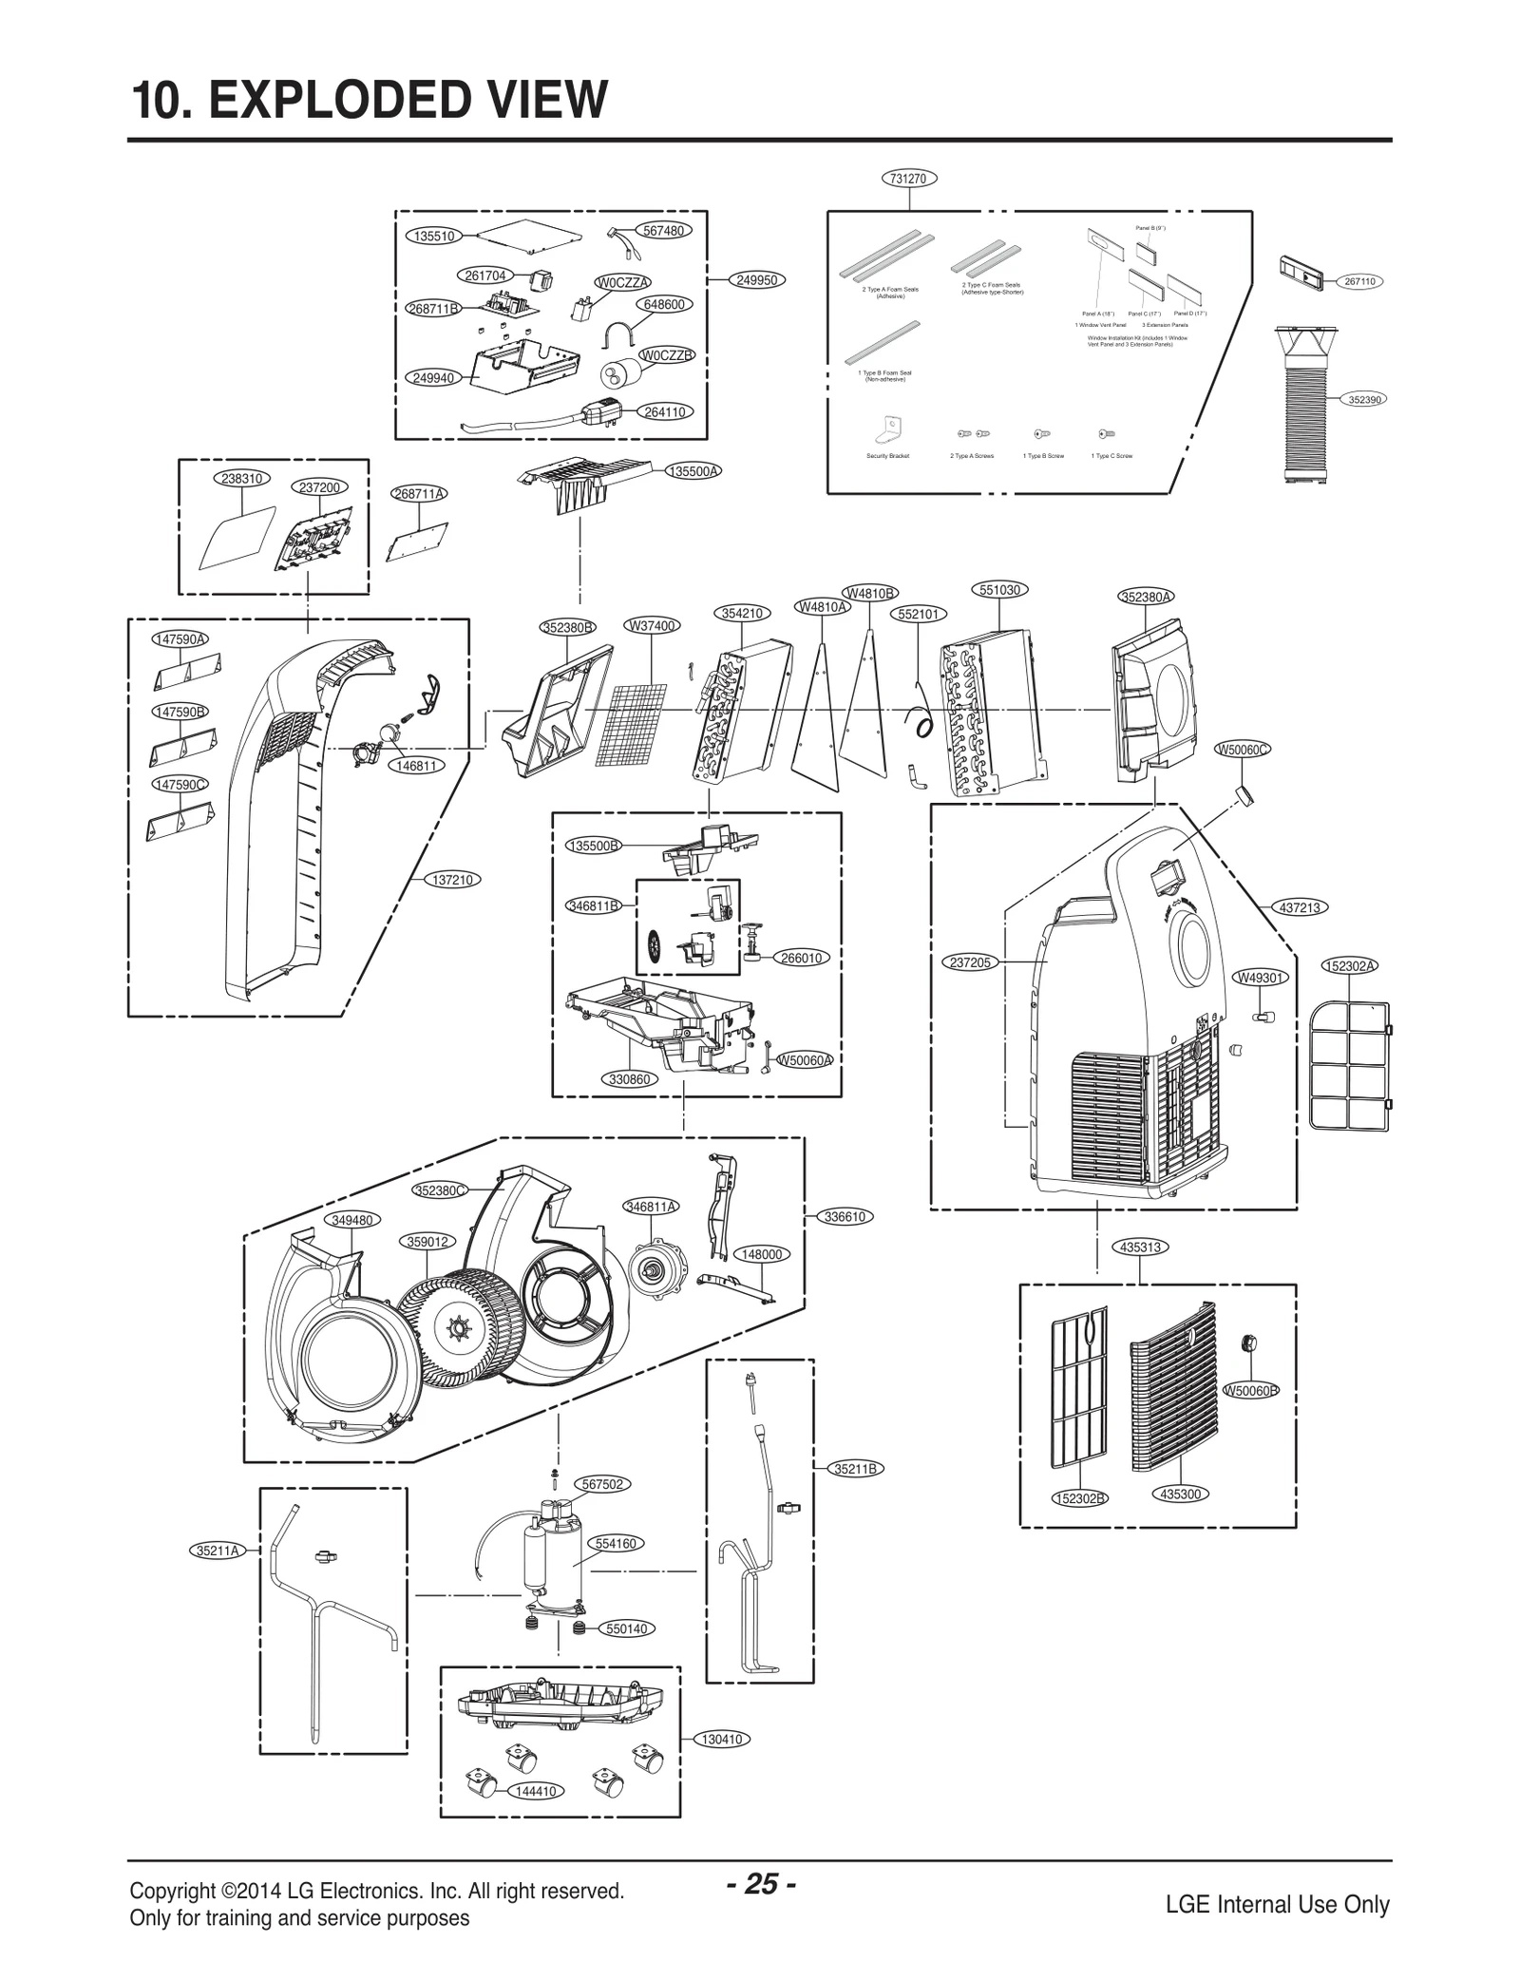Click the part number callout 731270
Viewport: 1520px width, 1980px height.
909,179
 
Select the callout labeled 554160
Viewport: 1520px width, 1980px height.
616,1544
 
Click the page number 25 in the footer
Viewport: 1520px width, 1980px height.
761,1884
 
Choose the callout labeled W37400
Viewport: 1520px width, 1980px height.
652,625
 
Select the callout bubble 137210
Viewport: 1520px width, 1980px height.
452,880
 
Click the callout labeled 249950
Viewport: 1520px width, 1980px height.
757,280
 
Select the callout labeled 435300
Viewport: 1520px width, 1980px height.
1180,1494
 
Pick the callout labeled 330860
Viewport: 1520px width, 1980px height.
629,1079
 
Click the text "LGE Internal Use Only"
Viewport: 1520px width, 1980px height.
1277,1905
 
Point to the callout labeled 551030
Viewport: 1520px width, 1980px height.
999,590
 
